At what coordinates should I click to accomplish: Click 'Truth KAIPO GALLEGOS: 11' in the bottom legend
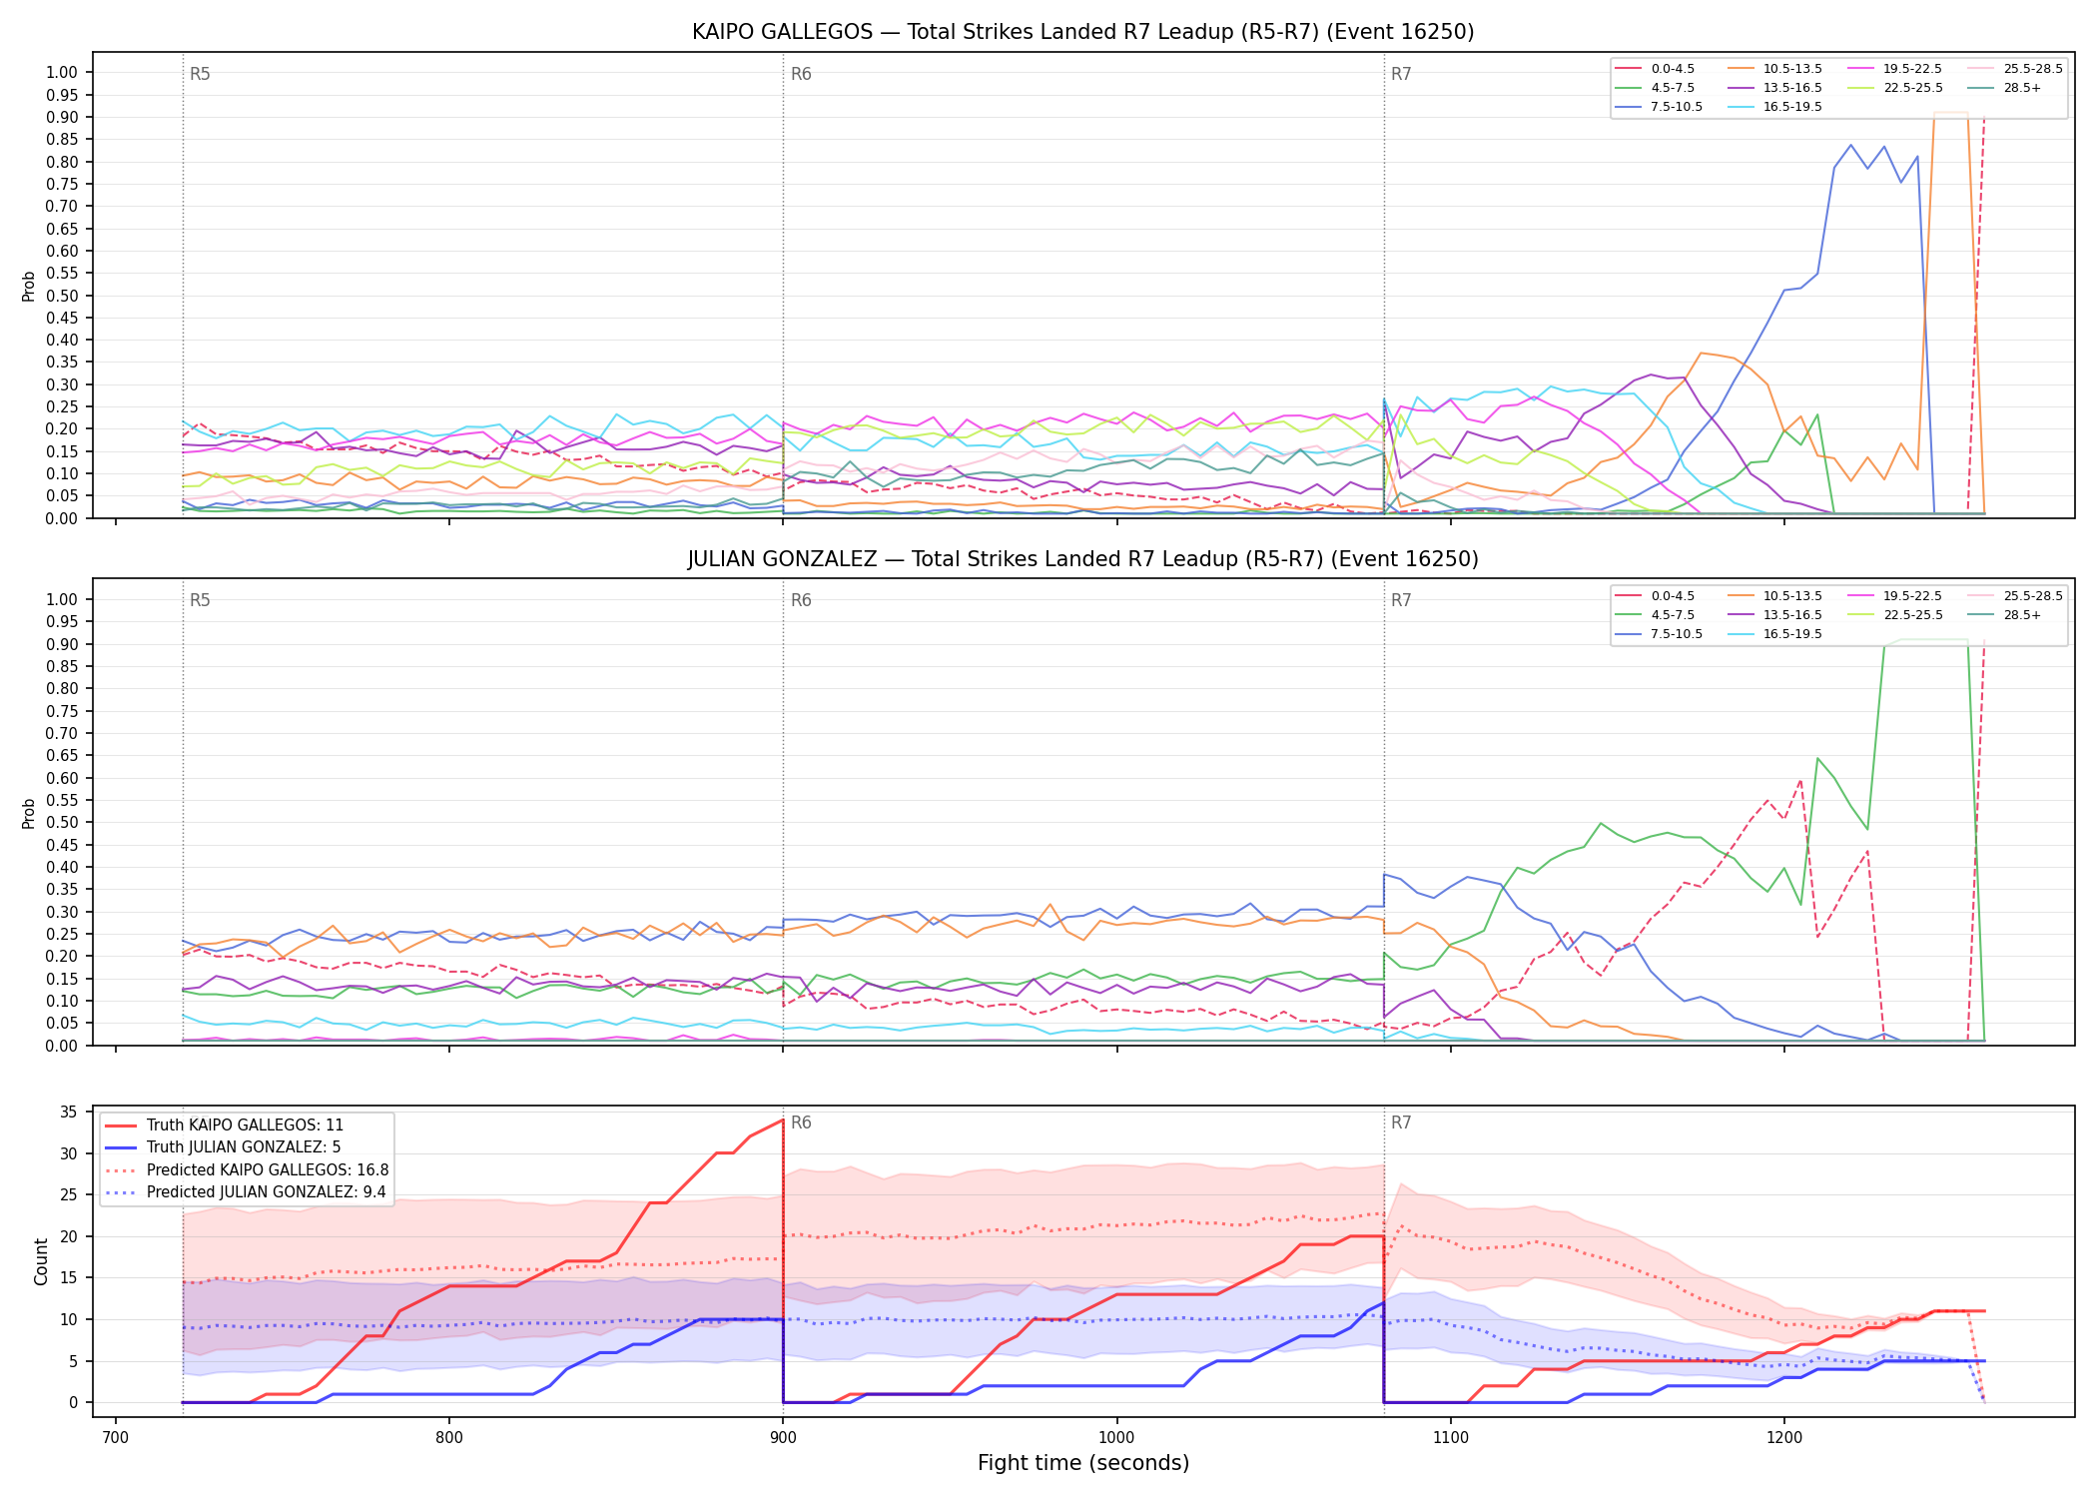tap(245, 1124)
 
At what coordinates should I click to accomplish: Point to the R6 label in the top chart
tap(801, 74)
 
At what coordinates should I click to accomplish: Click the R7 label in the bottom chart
tap(1401, 1123)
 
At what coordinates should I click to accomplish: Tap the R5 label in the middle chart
tap(200, 600)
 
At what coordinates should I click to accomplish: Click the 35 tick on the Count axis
tap(69, 1113)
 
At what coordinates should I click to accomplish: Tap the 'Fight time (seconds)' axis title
tap(1083, 1463)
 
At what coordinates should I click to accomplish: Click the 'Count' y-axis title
tap(41, 1261)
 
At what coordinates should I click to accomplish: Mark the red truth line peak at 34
tap(783, 1120)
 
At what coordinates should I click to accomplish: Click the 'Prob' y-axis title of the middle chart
tap(29, 813)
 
